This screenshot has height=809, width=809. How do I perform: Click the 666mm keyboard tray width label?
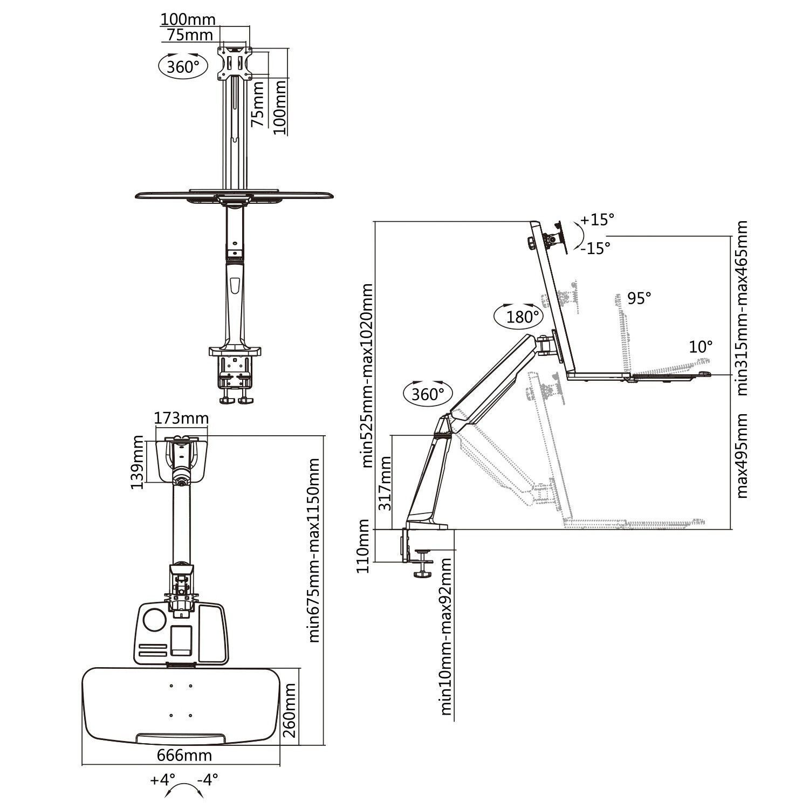(184, 755)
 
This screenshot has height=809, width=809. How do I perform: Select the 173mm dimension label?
(181, 418)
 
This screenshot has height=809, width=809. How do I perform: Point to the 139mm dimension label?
(138, 462)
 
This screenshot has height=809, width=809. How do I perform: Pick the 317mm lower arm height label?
(385, 484)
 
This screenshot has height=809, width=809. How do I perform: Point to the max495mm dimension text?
(743, 455)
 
